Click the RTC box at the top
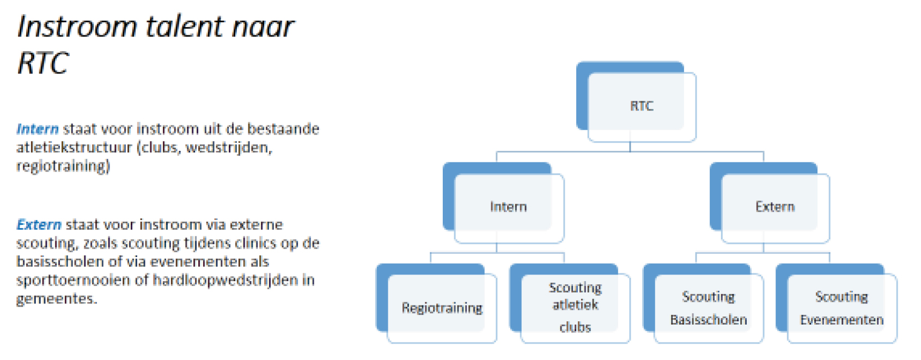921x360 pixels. pyautogui.click(x=641, y=106)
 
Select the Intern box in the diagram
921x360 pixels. pyautogui.click(x=508, y=207)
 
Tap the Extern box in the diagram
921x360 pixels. pyautogui.click(x=774, y=207)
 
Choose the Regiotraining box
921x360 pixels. pyautogui.click(x=442, y=308)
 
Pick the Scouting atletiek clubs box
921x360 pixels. pyautogui.click(x=575, y=307)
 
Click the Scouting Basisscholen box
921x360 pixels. pyautogui.click(x=708, y=308)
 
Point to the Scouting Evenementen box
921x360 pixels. pyautogui.click(x=841, y=308)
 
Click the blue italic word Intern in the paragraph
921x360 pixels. pyautogui.click(x=38, y=129)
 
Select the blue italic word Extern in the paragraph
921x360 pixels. pyautogui.click(x=39, y=225)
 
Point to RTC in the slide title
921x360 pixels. pyautogui.click(x=43, y=63)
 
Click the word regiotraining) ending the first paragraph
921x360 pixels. pyautogui.click(x=63, y=166)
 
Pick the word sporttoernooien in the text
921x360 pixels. pyautogui.click(x=74, y=280)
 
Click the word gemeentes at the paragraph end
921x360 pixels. pyautogui.click(x=56, y=299)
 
